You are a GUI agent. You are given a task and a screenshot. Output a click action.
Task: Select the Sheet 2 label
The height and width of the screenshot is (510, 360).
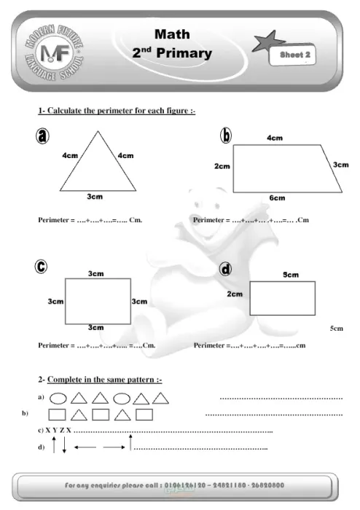pyautogui.click(x=295, y=55)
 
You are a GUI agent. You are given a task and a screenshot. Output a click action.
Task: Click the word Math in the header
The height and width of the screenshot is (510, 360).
pyautogui.click(x=172, y=34)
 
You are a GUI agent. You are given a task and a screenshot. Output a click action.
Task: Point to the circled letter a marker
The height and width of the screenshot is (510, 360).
pyautogui.click(x=45, y=136)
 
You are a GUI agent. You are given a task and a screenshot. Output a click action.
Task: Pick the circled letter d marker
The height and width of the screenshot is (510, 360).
pyautogui.click(x=225, y=270)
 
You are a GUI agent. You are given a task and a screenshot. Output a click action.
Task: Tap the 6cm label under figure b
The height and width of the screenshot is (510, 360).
pyautogui.click(x=277, y=198)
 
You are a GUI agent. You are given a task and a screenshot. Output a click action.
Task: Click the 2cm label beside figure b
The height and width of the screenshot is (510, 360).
pyautogui.click(x=222, y=167)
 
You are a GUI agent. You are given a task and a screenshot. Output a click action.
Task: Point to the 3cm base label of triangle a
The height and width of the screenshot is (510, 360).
pyautogui.click(x=95, y=196)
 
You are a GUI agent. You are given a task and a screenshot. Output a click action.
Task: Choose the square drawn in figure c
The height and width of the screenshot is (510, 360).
pyautogui.click(x=98, y=301)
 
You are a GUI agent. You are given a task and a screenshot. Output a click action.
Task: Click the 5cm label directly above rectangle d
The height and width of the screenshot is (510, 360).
pyautogui.click(x=291, y=275)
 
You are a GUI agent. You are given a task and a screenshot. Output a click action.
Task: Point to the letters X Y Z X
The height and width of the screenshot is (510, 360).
pyautogui.click(x=58, y=431)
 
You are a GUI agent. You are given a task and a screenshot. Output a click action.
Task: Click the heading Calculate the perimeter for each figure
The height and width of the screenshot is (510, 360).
pyautogui.click(x=117, y=111)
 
